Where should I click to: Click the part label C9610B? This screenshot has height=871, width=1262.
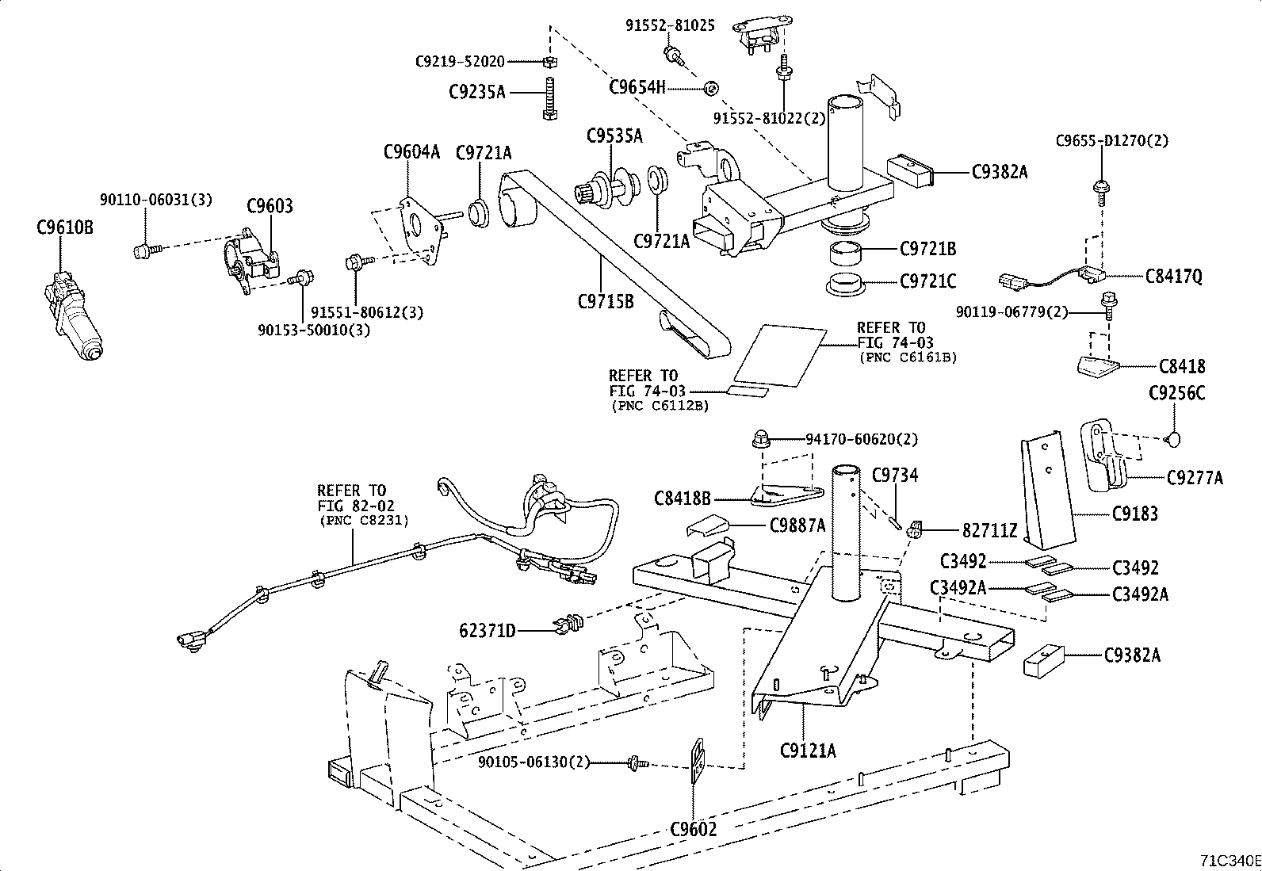65,228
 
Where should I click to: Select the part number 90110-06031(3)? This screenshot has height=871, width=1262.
155,200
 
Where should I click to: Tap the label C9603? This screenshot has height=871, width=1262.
270,207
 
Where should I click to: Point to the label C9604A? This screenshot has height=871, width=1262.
411,152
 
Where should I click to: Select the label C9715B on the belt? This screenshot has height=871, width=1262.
606,301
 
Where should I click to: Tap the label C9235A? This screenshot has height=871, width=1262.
476,93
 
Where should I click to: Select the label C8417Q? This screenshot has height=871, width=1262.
1173,277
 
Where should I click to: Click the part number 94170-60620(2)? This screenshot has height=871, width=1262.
862,439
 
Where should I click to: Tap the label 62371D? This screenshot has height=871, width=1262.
488,631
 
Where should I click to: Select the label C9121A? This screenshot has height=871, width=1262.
808,750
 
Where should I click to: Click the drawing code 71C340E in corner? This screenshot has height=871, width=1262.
1229,861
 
